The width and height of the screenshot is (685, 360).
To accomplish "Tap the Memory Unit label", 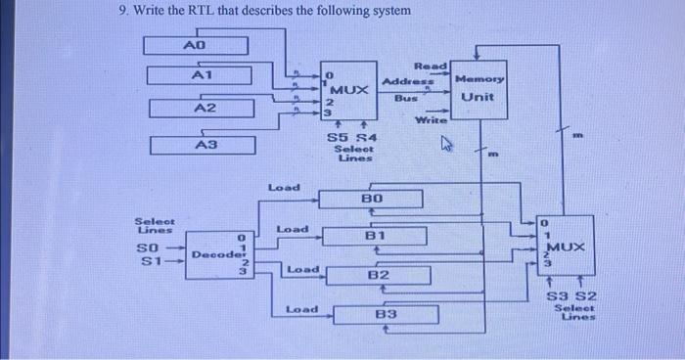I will [x=479, y=87].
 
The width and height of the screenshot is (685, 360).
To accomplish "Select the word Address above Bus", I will [x=402, y=80].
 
